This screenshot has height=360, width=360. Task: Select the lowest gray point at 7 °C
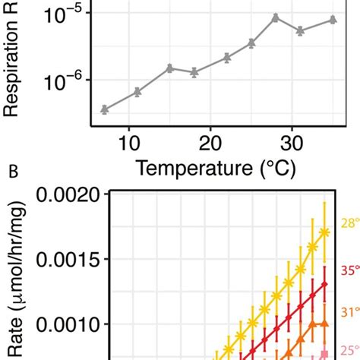click(105, 109)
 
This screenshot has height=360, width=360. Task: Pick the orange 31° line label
click(349, 311)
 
